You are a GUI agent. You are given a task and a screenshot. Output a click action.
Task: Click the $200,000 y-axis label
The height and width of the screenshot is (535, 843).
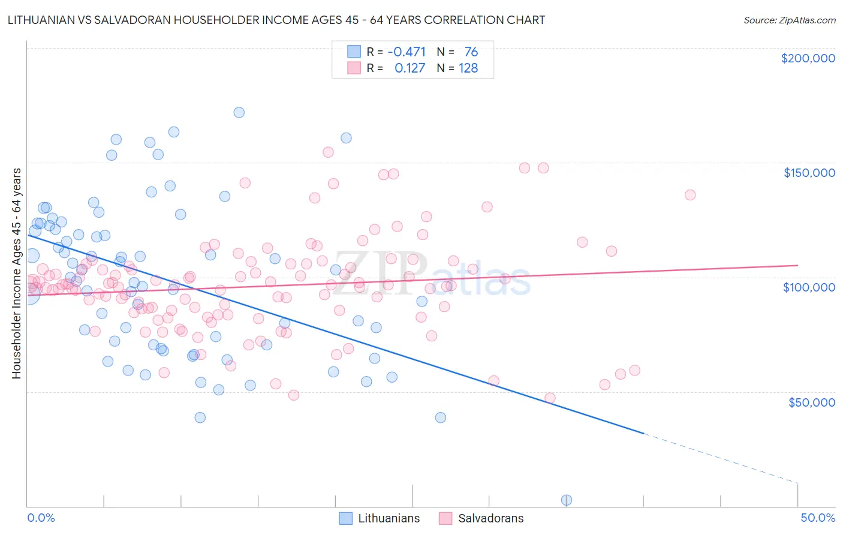click(x=808, y=58)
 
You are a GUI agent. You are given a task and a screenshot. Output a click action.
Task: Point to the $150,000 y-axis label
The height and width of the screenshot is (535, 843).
click(x=809, y=173)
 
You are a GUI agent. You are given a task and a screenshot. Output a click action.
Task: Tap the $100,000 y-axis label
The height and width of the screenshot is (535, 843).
click(x=809, y=287)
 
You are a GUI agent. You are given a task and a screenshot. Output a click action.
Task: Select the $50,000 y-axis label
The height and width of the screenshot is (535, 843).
click(x=811, y=402)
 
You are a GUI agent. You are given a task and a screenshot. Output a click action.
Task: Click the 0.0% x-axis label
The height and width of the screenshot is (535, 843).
click(x=41, y=518)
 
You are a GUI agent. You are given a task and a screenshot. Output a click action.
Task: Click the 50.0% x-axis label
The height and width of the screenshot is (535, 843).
click(x=817, y=518)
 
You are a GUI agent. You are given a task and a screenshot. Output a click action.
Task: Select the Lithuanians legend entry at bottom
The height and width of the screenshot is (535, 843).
click(x=380, y=518)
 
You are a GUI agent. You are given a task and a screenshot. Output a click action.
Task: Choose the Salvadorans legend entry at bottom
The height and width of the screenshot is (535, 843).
click(x=481, y=518)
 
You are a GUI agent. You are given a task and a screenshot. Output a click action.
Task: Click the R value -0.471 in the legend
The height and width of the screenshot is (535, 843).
click(x=407, y=52)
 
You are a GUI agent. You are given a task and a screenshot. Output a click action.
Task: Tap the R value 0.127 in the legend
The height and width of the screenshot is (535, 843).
click(x=410, y=68)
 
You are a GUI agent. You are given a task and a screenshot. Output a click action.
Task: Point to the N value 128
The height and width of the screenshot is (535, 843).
click(x=468, y=68)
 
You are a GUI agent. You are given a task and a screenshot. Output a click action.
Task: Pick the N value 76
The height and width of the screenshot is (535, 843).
click(x=471, y=52)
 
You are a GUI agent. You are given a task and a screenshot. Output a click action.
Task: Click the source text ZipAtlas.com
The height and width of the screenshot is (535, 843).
click(x=789, y=20)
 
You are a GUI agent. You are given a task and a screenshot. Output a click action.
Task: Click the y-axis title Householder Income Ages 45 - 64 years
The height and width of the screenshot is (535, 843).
click(x=16, y=273)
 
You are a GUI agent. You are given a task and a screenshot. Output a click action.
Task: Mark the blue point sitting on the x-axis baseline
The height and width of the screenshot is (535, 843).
click(x=566, y=500)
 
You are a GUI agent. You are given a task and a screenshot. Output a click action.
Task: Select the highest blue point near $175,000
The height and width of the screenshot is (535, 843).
click(x=239, y=112)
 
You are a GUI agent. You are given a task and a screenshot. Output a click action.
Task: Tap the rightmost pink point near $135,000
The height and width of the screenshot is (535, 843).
click(x=690, y=195)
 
